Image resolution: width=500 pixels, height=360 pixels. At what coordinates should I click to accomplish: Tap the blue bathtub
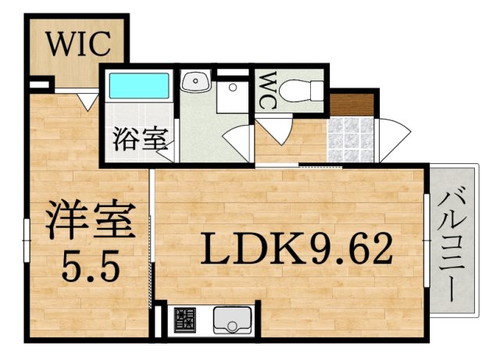pos(139,85)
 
